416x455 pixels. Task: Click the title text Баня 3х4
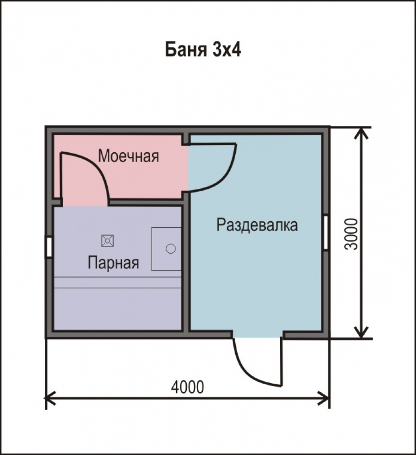pos(203,50)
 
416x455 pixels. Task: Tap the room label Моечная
pos(128,156)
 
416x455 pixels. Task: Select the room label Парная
pos(113,263)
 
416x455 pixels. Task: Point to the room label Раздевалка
pos(257,225)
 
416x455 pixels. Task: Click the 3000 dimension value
pos(352,234)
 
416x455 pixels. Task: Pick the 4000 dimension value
pos(188,386)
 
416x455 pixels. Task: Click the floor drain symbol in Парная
pos(108,241)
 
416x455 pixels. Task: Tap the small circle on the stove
pos(171,249)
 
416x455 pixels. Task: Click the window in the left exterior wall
pos(49,248)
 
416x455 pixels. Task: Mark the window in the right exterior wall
pos(326,232)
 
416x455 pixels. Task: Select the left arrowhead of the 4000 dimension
pos(50,398)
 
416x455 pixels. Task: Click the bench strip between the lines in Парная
pos(117,282)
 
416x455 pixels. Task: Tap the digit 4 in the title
pos(236,50)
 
